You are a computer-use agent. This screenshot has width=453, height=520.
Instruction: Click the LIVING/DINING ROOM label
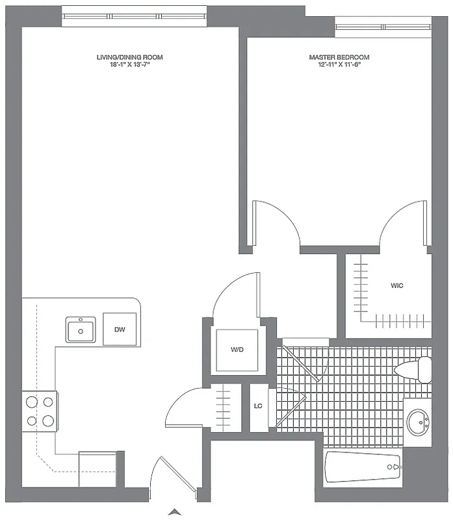pyautogui.click(x=129, y=57)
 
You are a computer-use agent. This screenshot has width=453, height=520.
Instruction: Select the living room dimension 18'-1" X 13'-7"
pyautogui.click(x=129, y=64)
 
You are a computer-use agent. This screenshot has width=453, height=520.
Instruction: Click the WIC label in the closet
pyautogui.click(x=396, y=285)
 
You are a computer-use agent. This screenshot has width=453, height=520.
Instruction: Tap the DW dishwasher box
pyautogui.click(x=120, y=330)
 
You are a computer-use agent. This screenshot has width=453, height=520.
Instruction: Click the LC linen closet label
pyautogui.click(x=258, y=406)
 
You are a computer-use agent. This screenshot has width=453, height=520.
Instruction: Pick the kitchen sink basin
pyautogui.click(x=81, y=330)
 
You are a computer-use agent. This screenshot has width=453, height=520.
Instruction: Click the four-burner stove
pyautogui.click(x=40, y=411)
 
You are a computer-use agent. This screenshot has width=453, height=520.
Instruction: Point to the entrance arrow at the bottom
pyautogui.click(x=174, y=512)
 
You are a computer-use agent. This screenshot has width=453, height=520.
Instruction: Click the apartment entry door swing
pyautogui.click(x=166, y=478)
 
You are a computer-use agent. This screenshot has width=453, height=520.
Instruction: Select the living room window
pyautogui.click(x=135, y=16)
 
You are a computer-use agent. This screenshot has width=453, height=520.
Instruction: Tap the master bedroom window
pyautogui.click(x=383, y=27)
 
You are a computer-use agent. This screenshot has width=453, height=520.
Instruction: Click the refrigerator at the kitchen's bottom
pyautogui.click(x=97, y=468)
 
